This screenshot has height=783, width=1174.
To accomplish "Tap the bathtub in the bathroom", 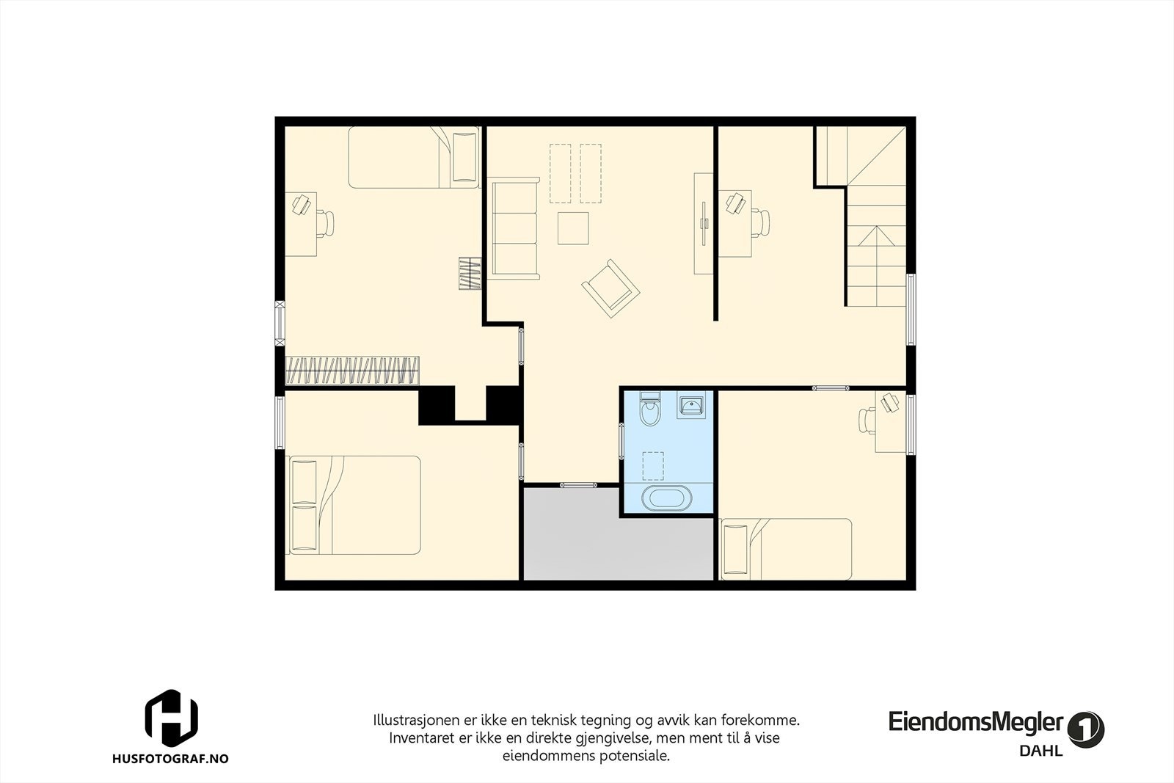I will (666, 498).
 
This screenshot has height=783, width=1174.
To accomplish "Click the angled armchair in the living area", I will (610, 288).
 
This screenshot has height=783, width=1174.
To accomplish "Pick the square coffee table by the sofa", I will (573, 227).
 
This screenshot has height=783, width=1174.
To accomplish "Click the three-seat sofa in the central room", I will (515, 230).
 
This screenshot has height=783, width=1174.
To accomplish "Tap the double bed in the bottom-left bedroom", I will (356, 505).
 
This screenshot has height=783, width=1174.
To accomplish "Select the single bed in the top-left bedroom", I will (414, 157).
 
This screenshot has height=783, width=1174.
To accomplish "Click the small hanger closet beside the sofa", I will (470, 273).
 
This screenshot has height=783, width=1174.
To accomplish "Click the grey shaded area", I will (618, 534).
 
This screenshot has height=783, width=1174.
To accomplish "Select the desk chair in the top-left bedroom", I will (324, 222).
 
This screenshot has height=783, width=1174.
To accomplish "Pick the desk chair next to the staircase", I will (760, 222).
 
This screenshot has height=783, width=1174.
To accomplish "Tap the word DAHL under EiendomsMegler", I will (1040, 751).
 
